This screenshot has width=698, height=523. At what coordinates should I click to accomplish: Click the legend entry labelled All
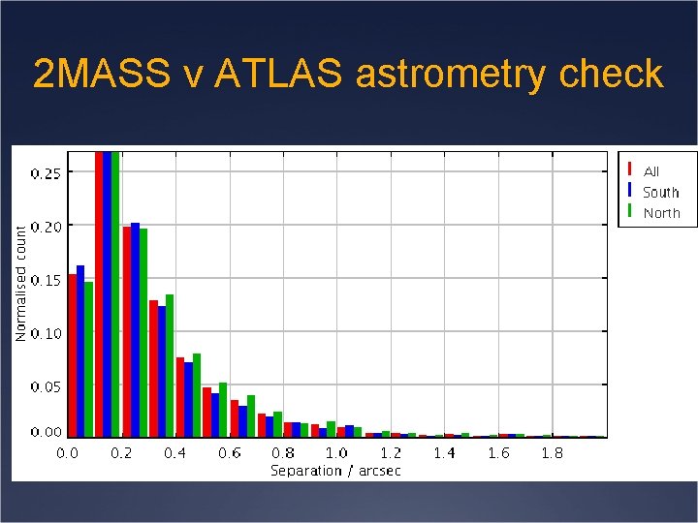pyautogui.click(x=650, y=171)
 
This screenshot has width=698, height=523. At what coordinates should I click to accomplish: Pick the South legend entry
pyautogui.click(x=660, y=192)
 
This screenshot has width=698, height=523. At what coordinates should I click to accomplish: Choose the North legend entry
pyautogui.click(x=661, y=212)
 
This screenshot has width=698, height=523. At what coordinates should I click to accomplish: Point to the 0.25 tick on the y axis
pyautogui.click(x=46, y=173)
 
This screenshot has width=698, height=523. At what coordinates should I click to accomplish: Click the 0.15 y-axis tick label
pyautogui.click(x=46, y=280)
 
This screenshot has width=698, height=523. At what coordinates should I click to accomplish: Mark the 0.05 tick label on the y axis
pyautogui.click(x=46, y=386)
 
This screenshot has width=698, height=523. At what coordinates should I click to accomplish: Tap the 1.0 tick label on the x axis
pyautogui.click(x=336, y=452)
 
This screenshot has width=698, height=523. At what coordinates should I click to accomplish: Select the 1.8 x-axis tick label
pyautogui.click(x=552, y=452)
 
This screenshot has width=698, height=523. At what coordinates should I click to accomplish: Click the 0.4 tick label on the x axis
pyautogui.click(x=174, y=452)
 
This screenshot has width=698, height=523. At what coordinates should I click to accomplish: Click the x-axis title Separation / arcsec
pyautogui.click(x=335, y=471)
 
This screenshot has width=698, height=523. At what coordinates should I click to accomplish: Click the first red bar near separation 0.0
pyautogui.click(x=72, y=354)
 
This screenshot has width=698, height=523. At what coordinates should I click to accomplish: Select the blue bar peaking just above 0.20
pyautogui.click(x=135, y=329)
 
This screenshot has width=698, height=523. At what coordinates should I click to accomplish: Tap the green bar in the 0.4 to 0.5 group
pyautogui.click(x=197, y=394)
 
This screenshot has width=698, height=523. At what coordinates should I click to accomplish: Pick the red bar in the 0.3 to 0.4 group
pyautogui.click(x=153, y=368)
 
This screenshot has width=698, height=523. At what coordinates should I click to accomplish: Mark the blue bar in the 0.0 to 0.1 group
pyautogui.click(x=80, y=351)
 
